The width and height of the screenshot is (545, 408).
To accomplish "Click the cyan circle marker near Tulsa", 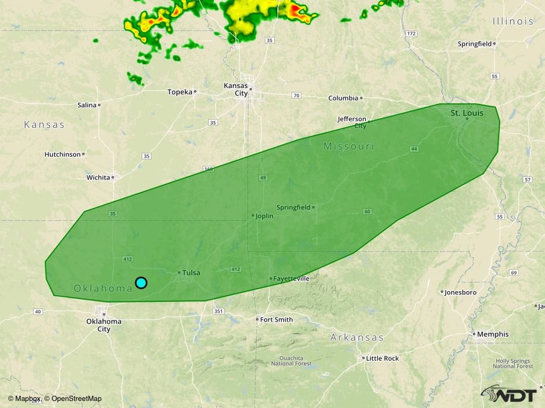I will (141, 282).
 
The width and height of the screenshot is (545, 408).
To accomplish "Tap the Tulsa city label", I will (191, 273).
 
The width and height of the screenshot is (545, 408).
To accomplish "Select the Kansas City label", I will (236, 89).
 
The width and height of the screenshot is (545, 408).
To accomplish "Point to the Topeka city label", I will (180, 91).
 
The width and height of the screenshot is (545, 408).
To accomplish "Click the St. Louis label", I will (467, 113).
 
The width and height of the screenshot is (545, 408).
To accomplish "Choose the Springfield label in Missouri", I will (293, 207).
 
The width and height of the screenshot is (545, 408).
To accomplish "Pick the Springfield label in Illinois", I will (475, 43).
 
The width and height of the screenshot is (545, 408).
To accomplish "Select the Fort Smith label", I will (277, 319).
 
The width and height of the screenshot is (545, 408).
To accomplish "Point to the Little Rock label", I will (382, 358).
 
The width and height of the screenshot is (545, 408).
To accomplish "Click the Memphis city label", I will (492, 334).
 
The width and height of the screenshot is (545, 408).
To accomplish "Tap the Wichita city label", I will (98, 177).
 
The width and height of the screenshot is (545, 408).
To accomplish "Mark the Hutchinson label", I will (63, 154).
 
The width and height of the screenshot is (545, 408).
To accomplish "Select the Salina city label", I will (87, 105).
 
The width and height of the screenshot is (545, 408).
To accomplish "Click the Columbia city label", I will (343, 98).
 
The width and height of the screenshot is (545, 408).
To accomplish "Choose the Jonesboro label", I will (460, 292).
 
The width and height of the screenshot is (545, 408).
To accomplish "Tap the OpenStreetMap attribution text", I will (76, 398).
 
